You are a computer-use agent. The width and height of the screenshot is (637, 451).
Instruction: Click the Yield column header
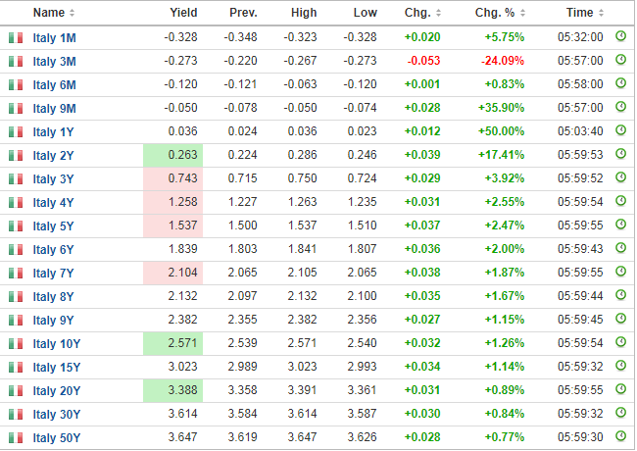pyautogui.click(x=183, y=13)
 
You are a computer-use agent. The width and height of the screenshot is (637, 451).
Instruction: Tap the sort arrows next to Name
pyautogui.click(x=72, y=13)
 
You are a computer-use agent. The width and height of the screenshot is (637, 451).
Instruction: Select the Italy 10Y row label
pyautogui.click(x=57, y=344)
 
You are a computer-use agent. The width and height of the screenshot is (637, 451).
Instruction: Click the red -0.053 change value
pyautogui.click(x=423, y=61)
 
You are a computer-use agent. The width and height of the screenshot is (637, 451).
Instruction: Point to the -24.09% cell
pyautogui.click(x=503, y=61)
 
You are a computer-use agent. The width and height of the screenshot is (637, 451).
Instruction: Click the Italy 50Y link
pyautogui.click(x=57, y=438)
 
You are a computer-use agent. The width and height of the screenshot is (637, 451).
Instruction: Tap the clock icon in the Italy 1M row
pyautogui.click(x=620, y=36)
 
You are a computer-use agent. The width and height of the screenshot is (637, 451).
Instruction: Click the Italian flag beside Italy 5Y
pyautogui.click(x=16, y=225)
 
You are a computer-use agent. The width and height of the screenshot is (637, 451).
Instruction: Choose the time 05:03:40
pyautogui.click(x=580, y=131)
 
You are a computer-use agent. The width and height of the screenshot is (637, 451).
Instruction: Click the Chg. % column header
pyautogui.click(x=495, y=13)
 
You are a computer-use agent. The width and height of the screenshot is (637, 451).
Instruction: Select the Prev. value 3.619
pyautogui.click(x=242, y=437)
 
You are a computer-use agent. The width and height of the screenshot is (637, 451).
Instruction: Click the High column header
pyautogui.click(x=304, y=13)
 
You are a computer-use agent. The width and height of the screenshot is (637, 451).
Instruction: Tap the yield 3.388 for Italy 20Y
pyautogui.click(x=183, y=390)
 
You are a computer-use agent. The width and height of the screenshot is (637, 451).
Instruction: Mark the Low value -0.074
pyautogui.click(x=360, y=108)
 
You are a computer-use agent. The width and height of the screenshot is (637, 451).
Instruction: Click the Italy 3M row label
pyautogui.click(x=55, y=62)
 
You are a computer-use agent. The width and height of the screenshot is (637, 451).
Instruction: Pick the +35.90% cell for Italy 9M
pyautogui.click(x=502, y=108)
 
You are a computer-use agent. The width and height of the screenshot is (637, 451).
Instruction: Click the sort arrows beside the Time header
pyautogui.click(x=602, y=13)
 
